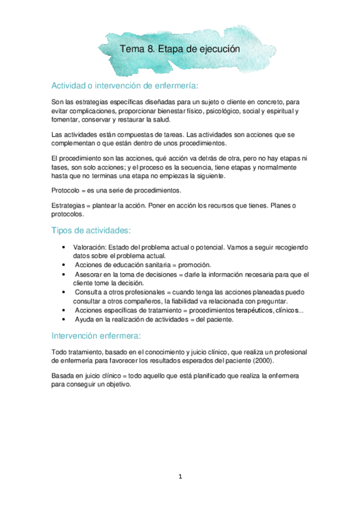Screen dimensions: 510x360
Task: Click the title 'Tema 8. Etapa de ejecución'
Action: pos(180,49)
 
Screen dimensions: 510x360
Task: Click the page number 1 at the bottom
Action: pos(180,476)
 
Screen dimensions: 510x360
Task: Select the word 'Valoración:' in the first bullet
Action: pos(90,247)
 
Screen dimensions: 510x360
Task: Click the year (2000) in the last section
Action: pos(262,360)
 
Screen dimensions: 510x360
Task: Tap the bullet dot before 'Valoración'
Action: pos(64,247)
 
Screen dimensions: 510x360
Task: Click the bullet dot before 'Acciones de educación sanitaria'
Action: pos(64,265)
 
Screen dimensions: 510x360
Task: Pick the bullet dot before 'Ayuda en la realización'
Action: pos(64,319)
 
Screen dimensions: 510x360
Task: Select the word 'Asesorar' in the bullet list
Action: pos(91,274)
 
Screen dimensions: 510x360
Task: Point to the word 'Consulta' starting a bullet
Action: pos(90,292)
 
